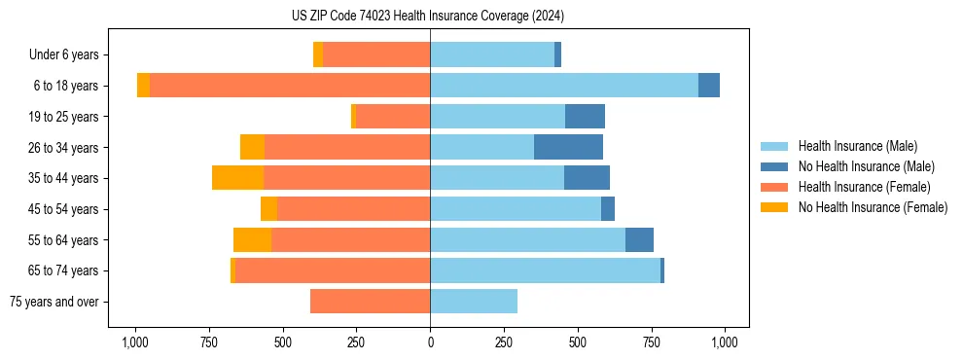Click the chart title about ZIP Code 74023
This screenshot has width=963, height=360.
[x=428, y=17]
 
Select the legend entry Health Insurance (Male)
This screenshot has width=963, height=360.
[x=857, y=146]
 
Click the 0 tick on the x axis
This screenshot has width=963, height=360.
[x=430, y=342]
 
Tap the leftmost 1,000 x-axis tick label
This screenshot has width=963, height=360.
[x=135, y=342]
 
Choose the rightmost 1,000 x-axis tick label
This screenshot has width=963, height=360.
[x=725, y=342]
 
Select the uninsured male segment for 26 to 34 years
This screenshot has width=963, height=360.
[x=568, y=147]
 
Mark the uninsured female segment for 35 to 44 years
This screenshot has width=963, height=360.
[x=237, y=178]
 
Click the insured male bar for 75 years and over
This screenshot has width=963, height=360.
[x=474, y=302]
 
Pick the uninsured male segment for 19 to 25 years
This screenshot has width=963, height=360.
[x=585, y=117]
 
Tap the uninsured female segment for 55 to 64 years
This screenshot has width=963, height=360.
[x=252, y=239]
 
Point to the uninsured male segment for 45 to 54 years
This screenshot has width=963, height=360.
[x=608, y=209]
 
